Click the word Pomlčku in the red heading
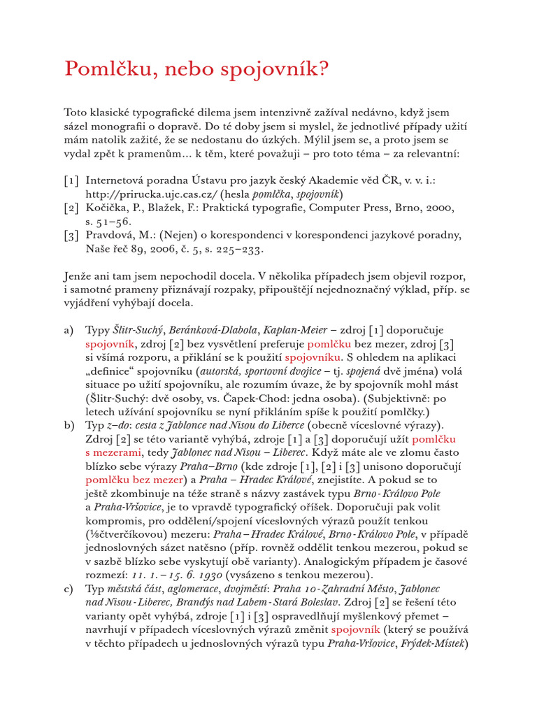[102, 70]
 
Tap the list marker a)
[70, 330]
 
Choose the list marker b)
[70, 425]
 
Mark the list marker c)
[70, 589]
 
